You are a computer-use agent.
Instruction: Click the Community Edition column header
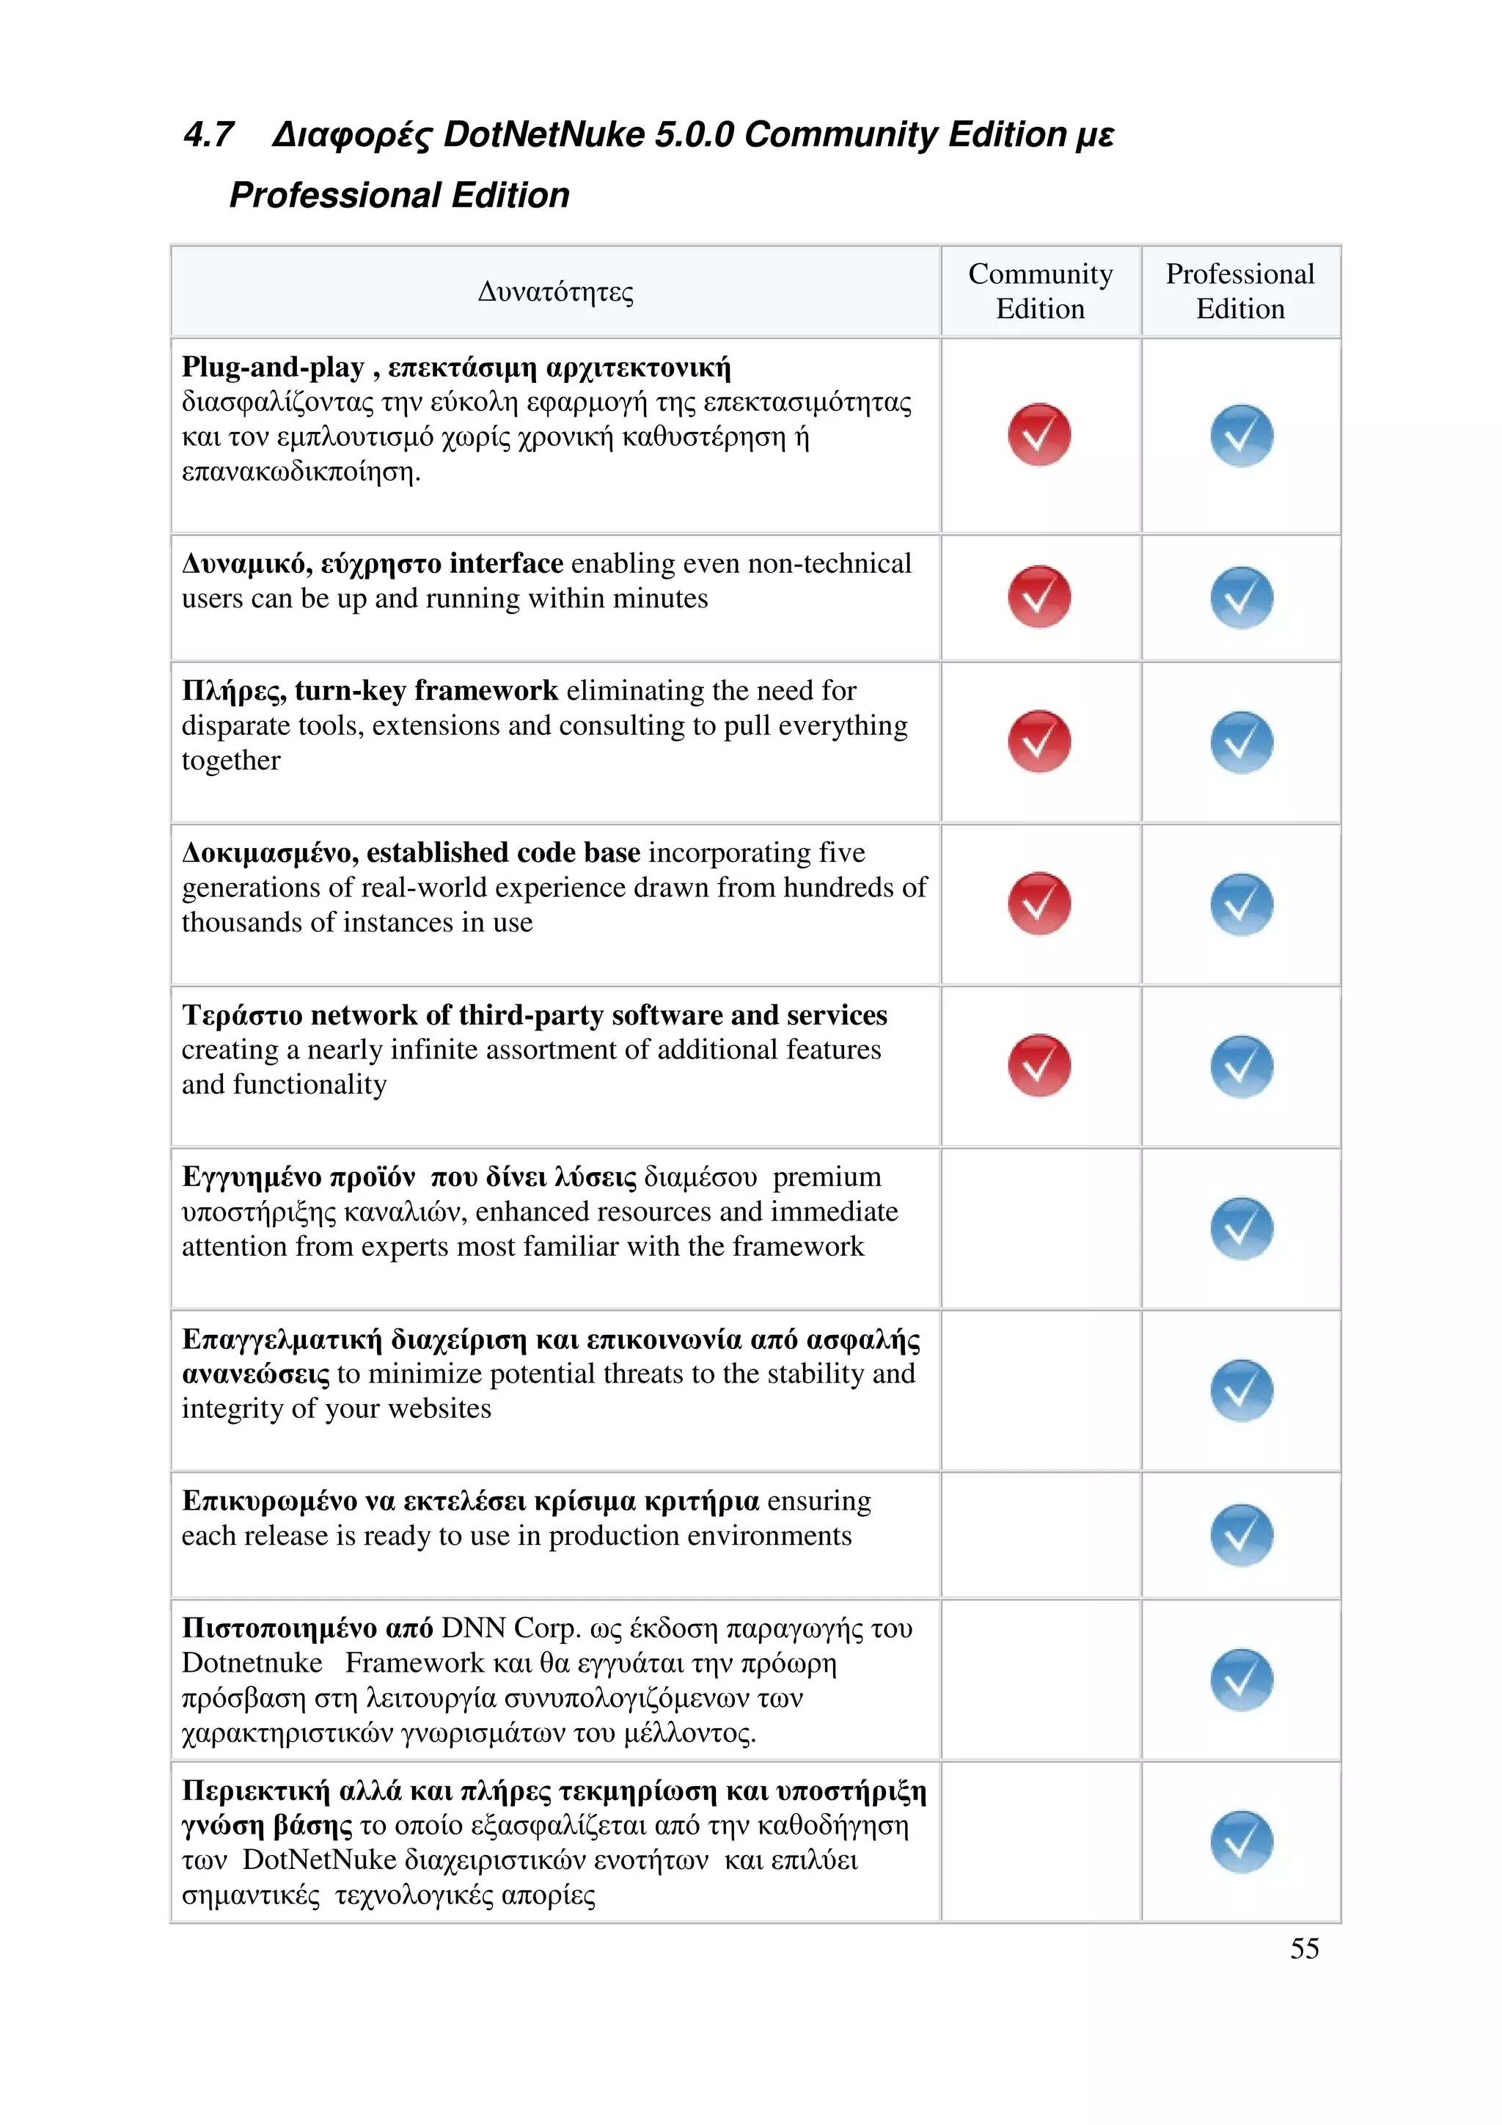(1040, 290)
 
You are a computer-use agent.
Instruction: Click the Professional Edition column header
(1240, 290)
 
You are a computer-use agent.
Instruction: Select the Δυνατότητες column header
(555, 291)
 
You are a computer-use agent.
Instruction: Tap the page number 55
(1304, 1948)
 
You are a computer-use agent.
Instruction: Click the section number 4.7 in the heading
(208, 135)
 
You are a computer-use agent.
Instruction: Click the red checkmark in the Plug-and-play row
(1039, 434)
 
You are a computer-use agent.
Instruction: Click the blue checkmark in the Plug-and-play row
(1241, 435)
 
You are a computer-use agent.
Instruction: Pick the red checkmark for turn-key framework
(1039, 742)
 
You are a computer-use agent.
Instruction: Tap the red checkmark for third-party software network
(1039, 1065)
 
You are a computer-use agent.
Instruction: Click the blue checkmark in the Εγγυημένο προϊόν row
(1241, 1228)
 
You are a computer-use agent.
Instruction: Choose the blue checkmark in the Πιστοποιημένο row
(1241, 1680)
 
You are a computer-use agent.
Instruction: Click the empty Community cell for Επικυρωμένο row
(1040, 1535)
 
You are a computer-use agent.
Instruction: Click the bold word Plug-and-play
(273, 367)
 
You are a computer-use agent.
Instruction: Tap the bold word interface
(505, 563)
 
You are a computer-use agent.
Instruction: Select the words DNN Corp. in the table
(510, 1628)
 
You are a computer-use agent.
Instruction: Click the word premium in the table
(827, 1177)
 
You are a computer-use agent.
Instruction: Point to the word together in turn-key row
(230, 761)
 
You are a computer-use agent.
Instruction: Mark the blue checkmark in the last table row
(1241, 1842)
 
